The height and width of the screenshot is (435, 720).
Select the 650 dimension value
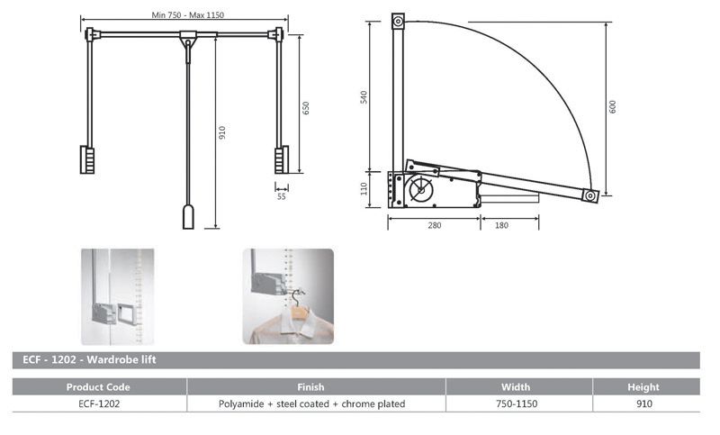click(306, 107)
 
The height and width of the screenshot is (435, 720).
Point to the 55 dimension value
click(282, 196)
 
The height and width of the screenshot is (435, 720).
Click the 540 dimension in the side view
click(364, 96)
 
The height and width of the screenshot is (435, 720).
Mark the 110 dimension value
click(364, 189)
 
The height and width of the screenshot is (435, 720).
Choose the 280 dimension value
click(434, 225)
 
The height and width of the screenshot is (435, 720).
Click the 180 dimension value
click(499, 225)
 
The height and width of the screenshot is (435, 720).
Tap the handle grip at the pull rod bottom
click(189, 217)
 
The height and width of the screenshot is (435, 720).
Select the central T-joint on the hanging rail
click(188, 39)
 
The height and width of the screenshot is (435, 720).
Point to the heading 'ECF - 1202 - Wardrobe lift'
click(76, 360)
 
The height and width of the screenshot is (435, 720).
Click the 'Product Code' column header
click(99, 387)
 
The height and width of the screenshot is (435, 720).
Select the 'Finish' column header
click(310, 387)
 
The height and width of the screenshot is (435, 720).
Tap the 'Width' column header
click(516, 387)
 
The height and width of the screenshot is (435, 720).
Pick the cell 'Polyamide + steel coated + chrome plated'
click(311, 404)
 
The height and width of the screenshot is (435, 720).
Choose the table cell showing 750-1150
click(517, 404)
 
